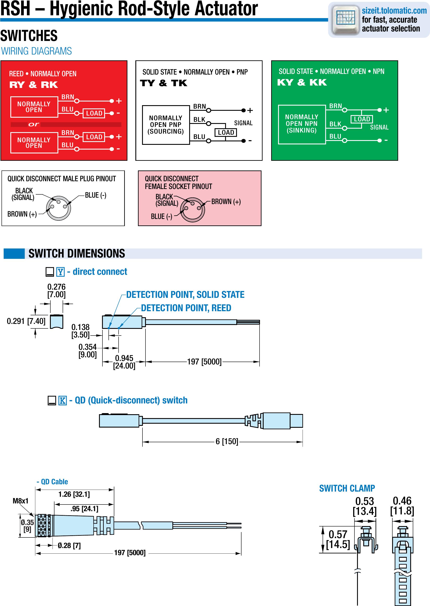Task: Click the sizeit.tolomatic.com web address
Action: coord(394,11)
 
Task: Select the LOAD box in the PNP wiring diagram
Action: coord(226,132)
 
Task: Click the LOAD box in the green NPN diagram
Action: coord(362,119)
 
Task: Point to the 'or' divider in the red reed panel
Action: coord(34,124)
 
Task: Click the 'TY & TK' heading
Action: coord(163,83)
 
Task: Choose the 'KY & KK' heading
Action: coord(302,83)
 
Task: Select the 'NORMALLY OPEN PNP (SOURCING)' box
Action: coord(166,125)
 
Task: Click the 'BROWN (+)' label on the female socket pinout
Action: coord(226,202)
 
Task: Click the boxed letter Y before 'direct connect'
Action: coord(60,272)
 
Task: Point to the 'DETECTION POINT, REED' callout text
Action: coord(186,308)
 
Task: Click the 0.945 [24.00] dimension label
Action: coord(124,362)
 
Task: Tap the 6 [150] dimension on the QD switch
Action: coord(227,441)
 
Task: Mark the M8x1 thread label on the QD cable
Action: coord(20,501)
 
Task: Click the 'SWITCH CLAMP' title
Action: coord(347,488)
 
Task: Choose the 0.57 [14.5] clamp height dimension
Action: coord(338,539)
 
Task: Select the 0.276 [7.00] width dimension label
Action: coord(56,291)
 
